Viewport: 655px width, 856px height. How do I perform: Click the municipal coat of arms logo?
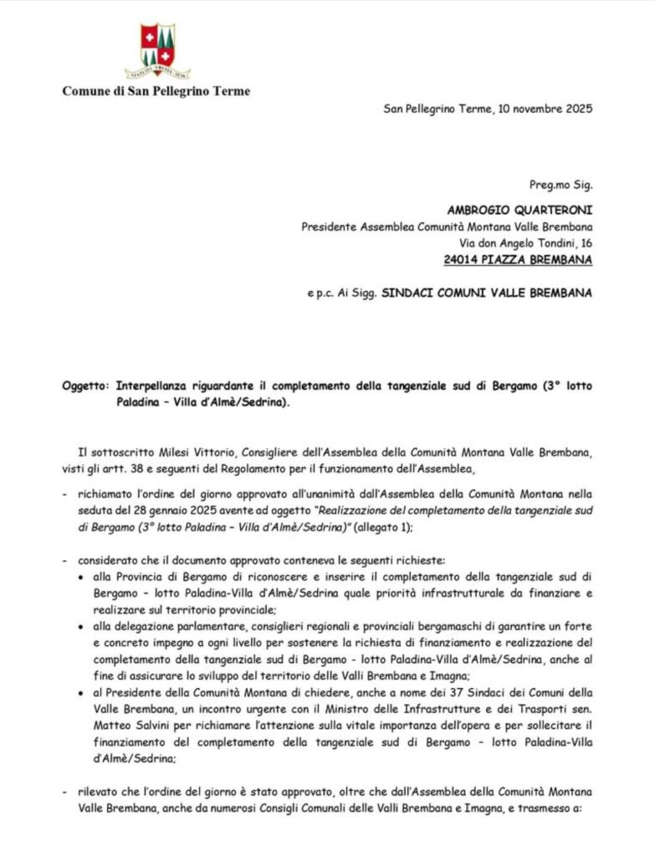click(157, 50)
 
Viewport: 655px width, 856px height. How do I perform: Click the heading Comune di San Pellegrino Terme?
click(156, 91)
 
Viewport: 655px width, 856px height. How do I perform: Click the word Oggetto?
click(85, 385)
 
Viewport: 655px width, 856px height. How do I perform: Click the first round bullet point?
click(79, 578)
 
